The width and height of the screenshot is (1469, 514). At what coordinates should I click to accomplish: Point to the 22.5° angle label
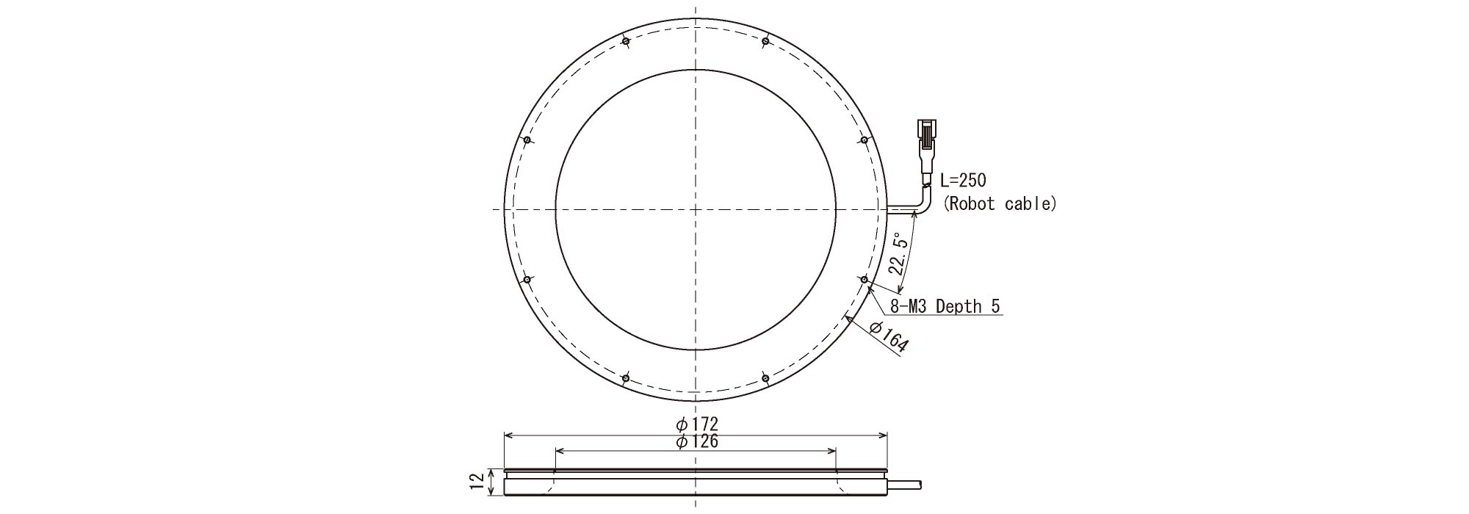coord(900,253)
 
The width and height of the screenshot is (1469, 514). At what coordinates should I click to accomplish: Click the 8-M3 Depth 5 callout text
coord(945,306)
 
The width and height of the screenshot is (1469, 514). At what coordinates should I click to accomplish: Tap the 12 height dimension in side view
coord(478,482)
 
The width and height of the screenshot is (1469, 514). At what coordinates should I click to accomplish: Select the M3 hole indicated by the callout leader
coord(865,280)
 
